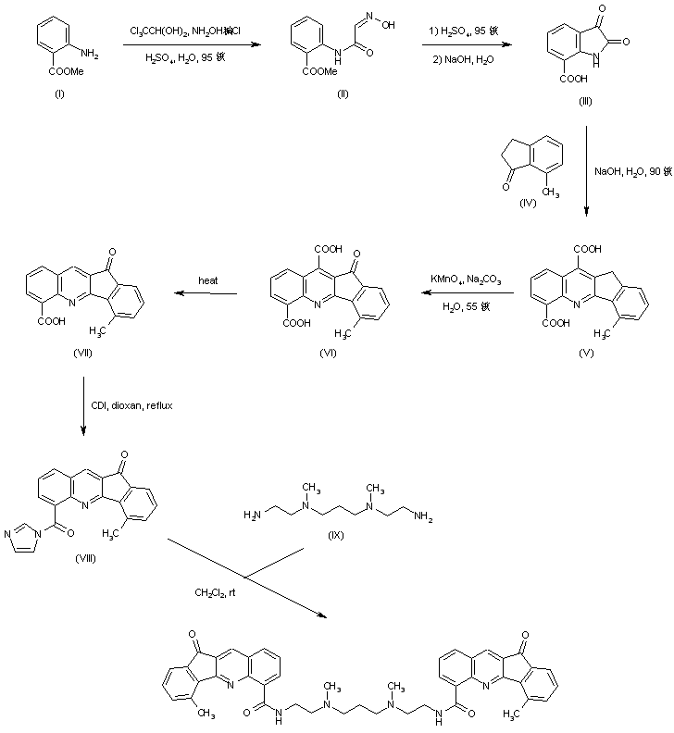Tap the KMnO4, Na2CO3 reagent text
pos(461,278)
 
